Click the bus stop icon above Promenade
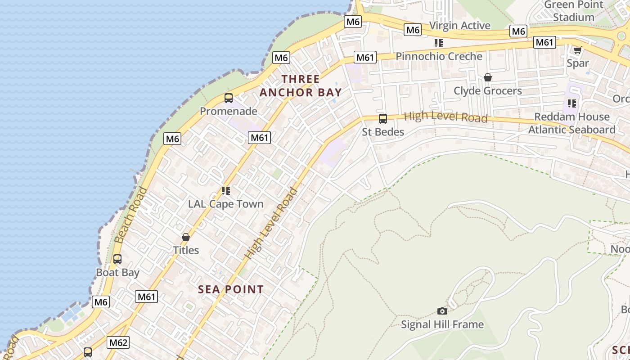pos(229,98)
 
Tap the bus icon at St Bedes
pos(383,119)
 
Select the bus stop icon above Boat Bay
pos(117,259)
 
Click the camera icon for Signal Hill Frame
pos(442,311)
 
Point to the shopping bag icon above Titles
pos(186,237)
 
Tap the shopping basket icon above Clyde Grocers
pos(488,77)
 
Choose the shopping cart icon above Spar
pos(577,50)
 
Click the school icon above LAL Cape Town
pos(226,191)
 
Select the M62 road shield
pos(118,342)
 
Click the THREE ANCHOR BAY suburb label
pos(301,86)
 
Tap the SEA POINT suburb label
pos(231,289)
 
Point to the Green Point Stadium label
pos(574,11)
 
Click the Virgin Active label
pos(459,26)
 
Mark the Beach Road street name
pos(130,215)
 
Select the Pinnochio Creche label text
pos(439,56)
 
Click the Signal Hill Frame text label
pos(442,324)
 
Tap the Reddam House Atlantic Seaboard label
pos(571,123)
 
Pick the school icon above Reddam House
pos(572,103)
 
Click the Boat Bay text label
pos(117,273)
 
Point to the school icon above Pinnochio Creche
pos(439,43)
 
